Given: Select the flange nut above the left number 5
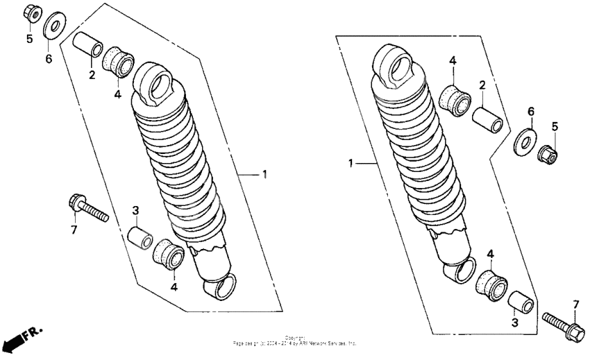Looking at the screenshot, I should click(30, 12).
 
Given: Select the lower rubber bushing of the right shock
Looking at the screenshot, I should click(491, 285).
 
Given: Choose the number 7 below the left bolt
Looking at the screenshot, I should click(74, 230).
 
